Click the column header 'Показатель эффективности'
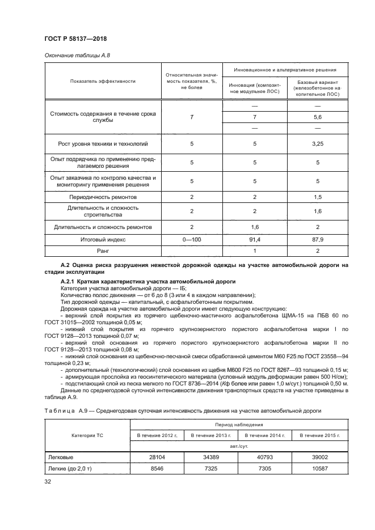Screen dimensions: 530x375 (103, 81)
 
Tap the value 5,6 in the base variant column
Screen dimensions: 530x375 (317, 116)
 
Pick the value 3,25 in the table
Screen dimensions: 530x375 (317, 144)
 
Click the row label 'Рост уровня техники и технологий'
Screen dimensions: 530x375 (103, 144)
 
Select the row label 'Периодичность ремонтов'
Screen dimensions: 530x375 (103, 197)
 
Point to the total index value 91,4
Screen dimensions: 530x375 (255, 240)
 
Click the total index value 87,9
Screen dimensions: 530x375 (317, 240)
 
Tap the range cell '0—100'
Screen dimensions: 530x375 (192, 240)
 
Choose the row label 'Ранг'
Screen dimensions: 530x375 (103, 250)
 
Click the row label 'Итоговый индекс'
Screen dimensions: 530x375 (103, 240)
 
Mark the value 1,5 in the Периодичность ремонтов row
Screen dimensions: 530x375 (317, 197)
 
